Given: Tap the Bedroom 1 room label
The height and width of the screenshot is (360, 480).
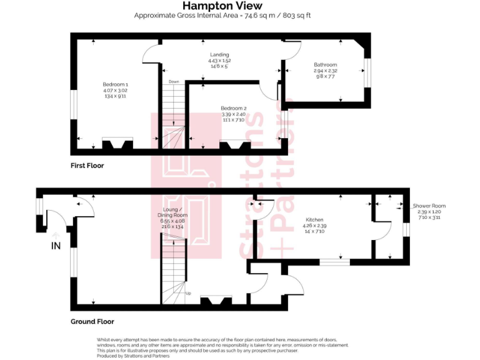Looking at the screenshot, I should coord(116,84).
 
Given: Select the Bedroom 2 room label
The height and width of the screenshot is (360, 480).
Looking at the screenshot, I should coord(234,108).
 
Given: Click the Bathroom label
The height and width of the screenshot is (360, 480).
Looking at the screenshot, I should coord(325,65).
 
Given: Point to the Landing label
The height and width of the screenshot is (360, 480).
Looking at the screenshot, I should coord(219,55).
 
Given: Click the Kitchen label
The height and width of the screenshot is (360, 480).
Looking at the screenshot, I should coord(314,219).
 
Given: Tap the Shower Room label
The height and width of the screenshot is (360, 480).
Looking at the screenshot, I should coord(429,206).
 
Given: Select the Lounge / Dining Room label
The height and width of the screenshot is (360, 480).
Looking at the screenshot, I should coord(173,212).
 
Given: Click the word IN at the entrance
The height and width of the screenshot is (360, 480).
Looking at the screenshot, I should coord(56,246).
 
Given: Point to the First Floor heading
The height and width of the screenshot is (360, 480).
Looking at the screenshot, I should coord(87,166).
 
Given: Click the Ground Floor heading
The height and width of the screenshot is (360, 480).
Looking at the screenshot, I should coord(92,321).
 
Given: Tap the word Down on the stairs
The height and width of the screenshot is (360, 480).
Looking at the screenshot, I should coord(174,82).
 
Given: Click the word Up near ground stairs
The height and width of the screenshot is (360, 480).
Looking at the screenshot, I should coord(188,292).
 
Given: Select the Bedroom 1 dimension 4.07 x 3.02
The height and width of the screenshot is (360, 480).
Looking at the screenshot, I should coord(116,91).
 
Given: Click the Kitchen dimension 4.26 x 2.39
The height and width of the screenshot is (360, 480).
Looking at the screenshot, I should coord(314,226).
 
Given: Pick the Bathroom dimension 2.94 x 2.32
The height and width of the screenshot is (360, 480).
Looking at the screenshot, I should coord(325,71).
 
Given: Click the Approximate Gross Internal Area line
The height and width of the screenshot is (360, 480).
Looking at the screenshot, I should coord(222,15).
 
